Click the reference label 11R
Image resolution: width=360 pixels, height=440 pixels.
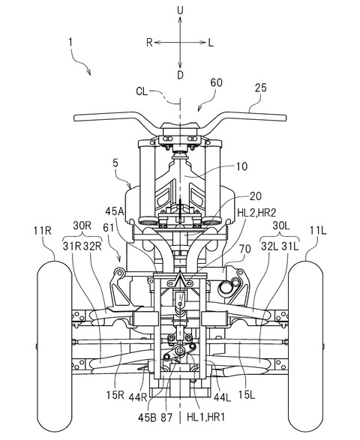(x=43, y=230)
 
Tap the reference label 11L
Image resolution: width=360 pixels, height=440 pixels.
(x=318, y=230)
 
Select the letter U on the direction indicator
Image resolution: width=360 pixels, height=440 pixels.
(x=180, y=10)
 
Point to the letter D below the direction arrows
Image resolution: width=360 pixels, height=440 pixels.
(x=180, y=75)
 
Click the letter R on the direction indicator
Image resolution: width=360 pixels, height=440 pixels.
(x=149, y=43)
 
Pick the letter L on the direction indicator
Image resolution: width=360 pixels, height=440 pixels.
(x=211, y=43)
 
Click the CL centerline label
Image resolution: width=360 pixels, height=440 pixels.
(x=142, y=91)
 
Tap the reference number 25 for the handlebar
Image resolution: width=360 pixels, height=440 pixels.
(x=260, y=88)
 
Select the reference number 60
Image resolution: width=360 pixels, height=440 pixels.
(x=217, y=82)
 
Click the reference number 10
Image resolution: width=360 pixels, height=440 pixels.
(x=241, y=166)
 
